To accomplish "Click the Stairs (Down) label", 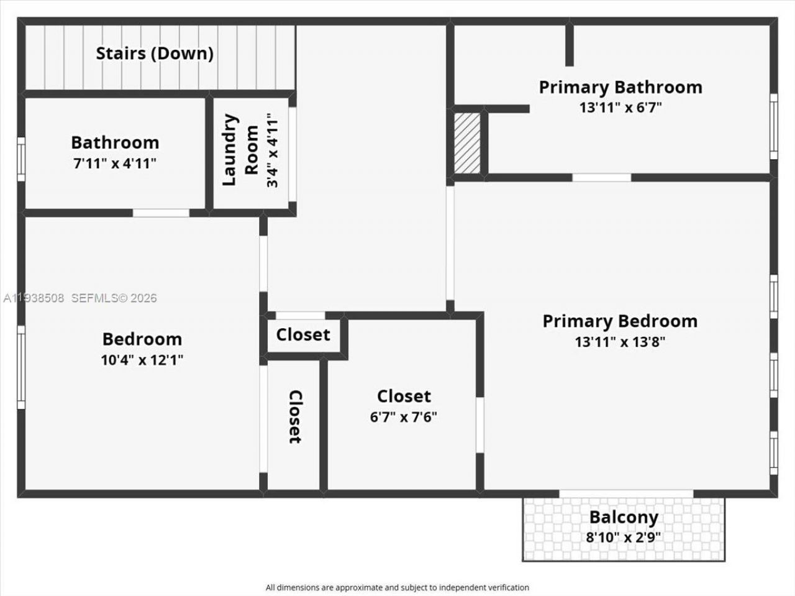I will [x=155, y=53].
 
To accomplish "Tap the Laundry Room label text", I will [x=240, y=150].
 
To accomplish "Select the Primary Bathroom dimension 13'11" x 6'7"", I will [x=620, y=108].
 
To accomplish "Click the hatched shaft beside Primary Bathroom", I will [x=467, y=143].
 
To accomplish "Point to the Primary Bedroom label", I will [x=620, y=321].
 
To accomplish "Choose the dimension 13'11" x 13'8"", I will [x=620, y=342].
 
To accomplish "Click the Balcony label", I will [x=624, y=517].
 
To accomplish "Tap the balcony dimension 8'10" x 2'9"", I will [x=624, y=538].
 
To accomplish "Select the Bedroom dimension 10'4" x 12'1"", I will [x=142, y=360].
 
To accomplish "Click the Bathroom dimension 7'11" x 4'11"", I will [x=114, y=164].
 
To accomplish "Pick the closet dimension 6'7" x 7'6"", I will [x=404, y=417].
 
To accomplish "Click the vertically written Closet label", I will [x=295, y=416].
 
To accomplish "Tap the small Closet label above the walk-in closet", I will [x=303, y=335].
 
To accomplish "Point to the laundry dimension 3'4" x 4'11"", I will [x=272, y=150].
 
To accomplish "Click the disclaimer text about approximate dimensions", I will [x=397, y=587].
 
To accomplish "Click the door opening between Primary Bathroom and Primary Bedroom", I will [x=601, y=178].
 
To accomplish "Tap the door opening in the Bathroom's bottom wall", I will [x=161, y=213].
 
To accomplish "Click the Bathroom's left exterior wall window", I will [x=21, y=159].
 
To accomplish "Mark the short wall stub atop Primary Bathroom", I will [x=570, y=45].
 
